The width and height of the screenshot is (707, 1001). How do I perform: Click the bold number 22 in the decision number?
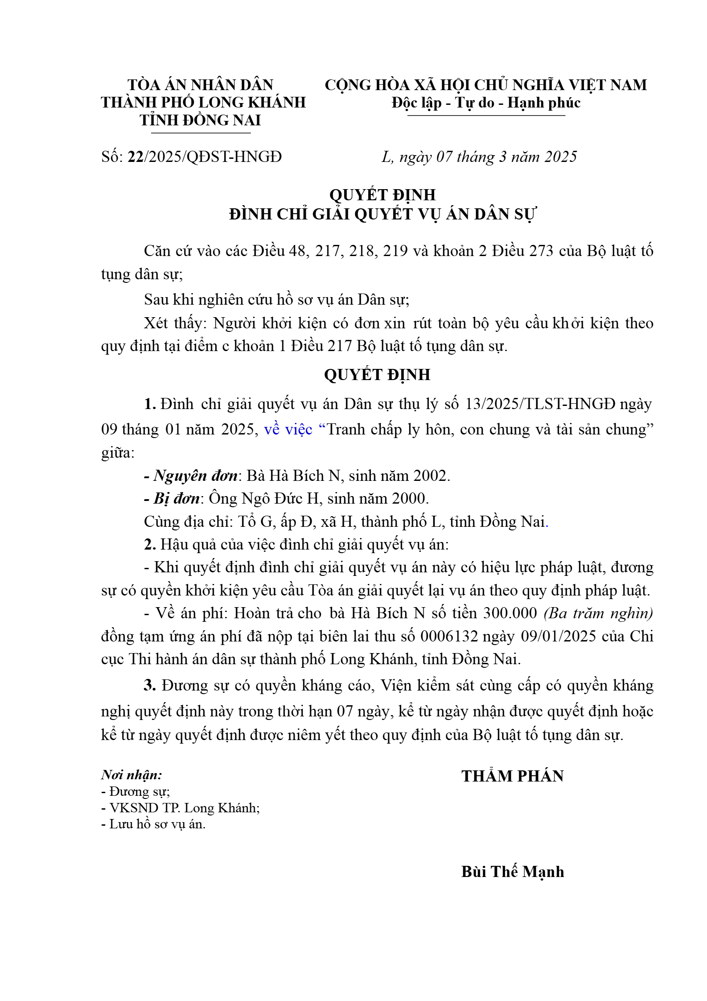tap(136, 157)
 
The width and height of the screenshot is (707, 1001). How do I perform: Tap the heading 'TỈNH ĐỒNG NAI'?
tap(200, 120)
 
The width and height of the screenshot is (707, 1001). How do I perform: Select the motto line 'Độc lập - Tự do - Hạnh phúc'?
tap(486, 103)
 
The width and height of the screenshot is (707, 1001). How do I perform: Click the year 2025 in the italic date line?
tap(561, 157)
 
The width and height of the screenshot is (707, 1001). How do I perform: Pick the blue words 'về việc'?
tap(288, 429)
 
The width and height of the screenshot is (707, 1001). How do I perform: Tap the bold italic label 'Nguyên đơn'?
tap(195, 476)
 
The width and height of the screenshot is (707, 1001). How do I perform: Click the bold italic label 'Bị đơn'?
tap(177, 498)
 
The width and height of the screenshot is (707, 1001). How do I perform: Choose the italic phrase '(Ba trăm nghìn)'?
tap(598, 613)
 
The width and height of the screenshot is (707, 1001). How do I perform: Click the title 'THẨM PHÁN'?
tap(512, 776)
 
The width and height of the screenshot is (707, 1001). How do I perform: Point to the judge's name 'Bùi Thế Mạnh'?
tap(512, 871)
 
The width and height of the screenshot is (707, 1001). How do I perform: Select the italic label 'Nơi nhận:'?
tap(132, 775)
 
